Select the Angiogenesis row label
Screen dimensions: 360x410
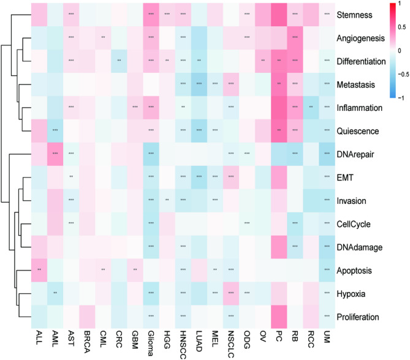pyautogui.click(x=365, y=38)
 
